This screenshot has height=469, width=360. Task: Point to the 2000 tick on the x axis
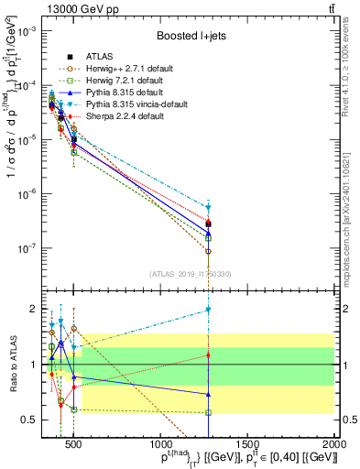[336, 444]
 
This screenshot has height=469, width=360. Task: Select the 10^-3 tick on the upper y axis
[26, 30]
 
